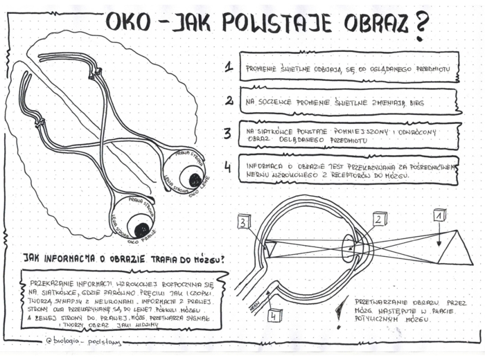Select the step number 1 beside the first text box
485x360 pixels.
click(228, 67)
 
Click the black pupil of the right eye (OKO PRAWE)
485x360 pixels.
click(141, 228)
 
